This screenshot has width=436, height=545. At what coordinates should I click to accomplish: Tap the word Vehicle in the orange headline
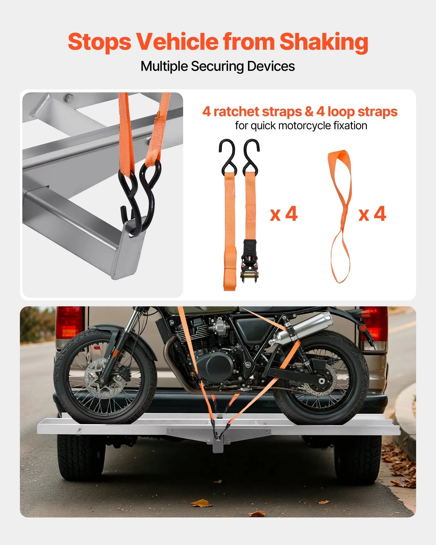tap(177, 42)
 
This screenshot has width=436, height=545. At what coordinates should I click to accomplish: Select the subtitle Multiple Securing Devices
tap(217, 66)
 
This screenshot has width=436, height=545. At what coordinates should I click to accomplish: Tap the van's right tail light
tap(375, 324)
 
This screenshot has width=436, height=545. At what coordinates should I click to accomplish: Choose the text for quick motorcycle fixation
tap(301, 126)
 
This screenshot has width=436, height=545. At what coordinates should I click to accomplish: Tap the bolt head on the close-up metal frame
tap(69, 97)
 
